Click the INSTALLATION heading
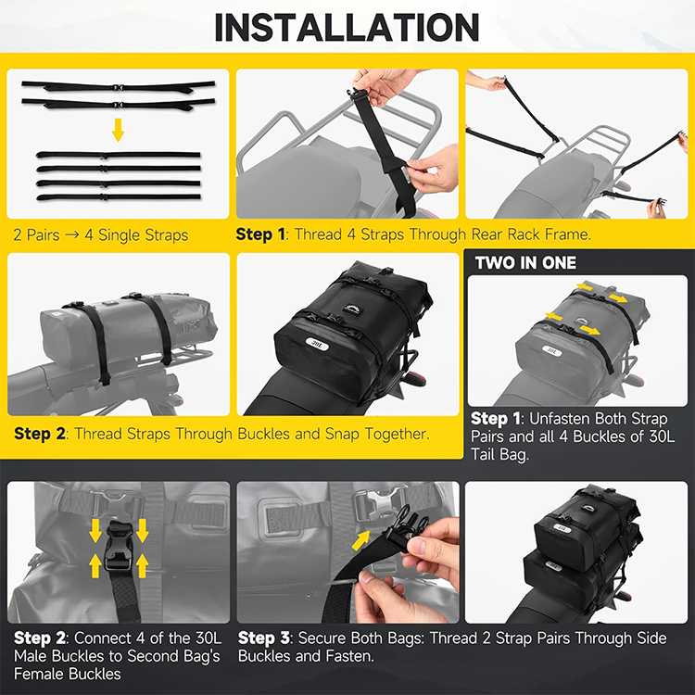coord(347,28)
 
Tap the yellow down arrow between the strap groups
coord(118,130)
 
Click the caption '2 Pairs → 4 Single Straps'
coord(101,235)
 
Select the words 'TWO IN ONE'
coord(525,263)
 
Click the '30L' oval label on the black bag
coord(318,344)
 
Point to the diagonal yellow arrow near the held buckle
coord(360,541)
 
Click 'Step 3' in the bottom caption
coord(264,638)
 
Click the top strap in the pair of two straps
coord(119,86)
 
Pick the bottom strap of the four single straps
coord(119,196)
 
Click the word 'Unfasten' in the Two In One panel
coord(559,419)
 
